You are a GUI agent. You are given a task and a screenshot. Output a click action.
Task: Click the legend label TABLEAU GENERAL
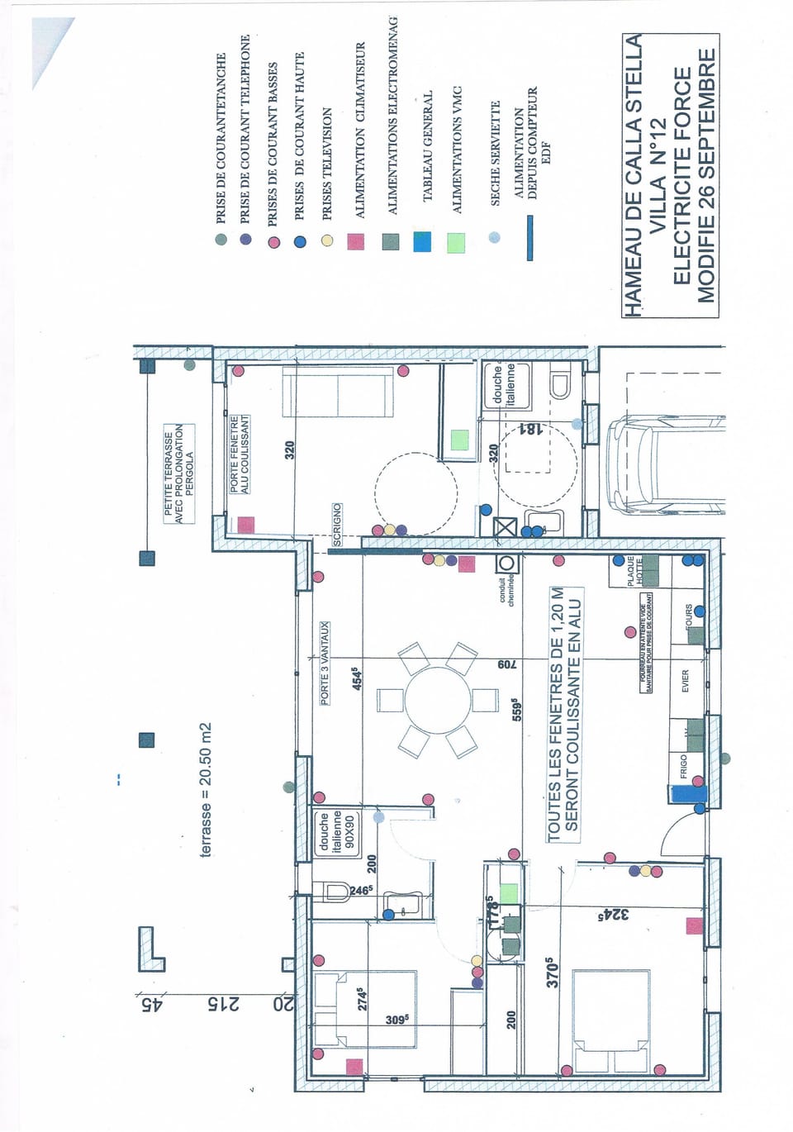(x=428, y=146)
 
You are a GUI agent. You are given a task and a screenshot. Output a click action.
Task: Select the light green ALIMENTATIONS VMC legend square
(x=455, y=243)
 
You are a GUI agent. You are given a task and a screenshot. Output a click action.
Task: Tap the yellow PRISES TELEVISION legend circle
(x=327, y=240)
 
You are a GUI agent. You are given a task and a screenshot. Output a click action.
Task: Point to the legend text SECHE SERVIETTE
(x=496, y=154)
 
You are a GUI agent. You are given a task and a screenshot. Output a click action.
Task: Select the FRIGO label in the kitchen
(x=683, y=766)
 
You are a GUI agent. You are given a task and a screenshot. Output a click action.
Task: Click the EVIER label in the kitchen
(x=685, y=682)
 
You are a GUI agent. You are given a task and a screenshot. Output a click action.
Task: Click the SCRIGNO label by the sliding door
(x=337, y=524)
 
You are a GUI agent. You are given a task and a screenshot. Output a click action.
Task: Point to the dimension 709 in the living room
(x=506, y=664)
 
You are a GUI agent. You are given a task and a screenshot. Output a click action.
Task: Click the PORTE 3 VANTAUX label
(x=325, y=664)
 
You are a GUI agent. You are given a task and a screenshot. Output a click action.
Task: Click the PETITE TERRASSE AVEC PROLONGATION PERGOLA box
(x=179, y=473)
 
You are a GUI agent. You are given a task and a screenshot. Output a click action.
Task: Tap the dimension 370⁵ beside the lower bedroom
(x=553, y=973)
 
